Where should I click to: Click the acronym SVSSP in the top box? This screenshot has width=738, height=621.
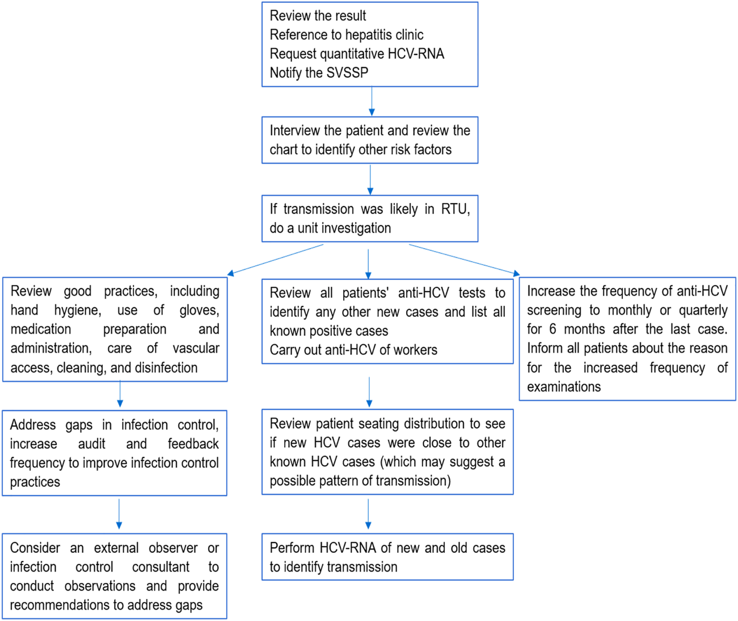347,73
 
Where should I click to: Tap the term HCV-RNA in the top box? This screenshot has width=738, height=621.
416,54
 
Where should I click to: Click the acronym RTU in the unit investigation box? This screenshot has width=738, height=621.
456,209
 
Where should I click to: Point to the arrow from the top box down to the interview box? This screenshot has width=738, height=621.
372,102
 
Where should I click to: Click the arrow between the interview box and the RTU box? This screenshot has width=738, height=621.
370,179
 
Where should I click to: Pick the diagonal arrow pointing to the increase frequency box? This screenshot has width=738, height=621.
465,260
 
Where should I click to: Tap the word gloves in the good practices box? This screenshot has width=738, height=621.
199,310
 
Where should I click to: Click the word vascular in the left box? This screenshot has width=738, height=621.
196,349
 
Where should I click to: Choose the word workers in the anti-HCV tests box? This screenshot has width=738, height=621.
415,350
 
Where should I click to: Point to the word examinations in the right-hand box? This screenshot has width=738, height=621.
564,387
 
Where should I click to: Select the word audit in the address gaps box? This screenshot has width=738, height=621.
91,444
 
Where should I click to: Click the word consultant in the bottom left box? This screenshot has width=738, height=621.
161,567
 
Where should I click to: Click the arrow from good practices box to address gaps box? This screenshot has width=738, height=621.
120,394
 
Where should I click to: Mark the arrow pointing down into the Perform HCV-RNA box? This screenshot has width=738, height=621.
368,514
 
